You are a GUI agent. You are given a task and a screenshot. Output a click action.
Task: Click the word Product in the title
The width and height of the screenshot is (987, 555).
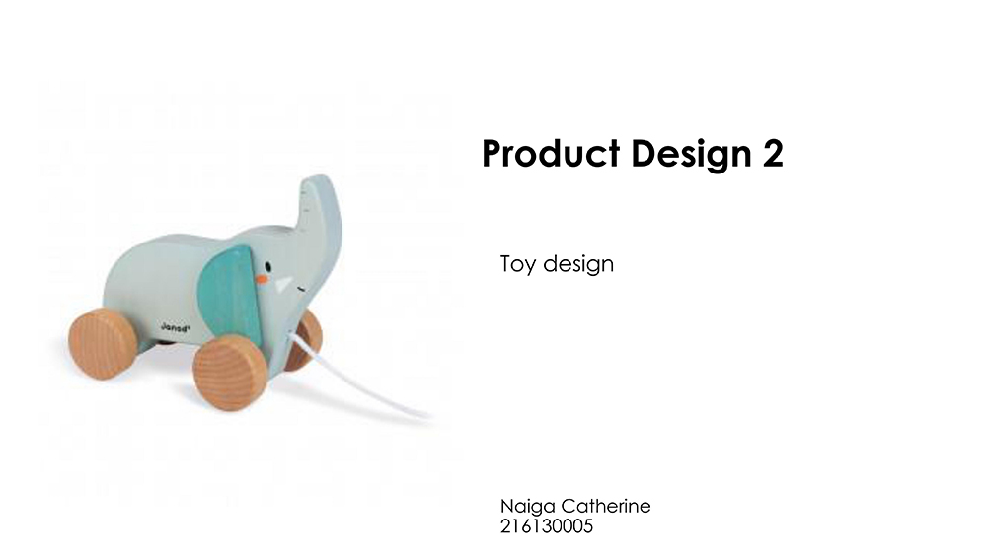(x=551, y=154)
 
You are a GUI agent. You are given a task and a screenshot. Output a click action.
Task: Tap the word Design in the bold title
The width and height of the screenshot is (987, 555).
(x=691, y=155)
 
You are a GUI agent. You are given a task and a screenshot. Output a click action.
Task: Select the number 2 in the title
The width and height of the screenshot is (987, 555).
(x=774, y=154)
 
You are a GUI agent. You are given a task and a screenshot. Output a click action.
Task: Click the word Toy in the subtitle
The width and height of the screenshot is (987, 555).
(x=518, y=264)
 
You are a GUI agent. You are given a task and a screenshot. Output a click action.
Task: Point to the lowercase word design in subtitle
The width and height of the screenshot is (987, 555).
(x=578, y=264)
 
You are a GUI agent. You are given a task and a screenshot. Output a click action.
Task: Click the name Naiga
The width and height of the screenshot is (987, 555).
(x=527, y=507)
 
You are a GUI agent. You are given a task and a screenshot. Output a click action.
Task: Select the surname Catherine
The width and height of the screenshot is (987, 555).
(x=606, y=506)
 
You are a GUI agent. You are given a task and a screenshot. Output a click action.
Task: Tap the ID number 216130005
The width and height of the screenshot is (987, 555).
(x=547, y=526)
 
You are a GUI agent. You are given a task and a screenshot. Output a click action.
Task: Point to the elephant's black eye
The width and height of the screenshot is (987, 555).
(x=268, y=266)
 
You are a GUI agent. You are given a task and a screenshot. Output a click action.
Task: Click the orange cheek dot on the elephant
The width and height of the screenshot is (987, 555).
(x=262, y=279)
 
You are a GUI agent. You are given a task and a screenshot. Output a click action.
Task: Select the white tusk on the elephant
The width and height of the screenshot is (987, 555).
(x=283, y=285)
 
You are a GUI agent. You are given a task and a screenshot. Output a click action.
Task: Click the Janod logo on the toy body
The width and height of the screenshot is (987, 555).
(x=175, y=327)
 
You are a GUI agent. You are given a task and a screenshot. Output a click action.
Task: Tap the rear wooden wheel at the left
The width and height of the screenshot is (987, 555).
(x=102, y=344)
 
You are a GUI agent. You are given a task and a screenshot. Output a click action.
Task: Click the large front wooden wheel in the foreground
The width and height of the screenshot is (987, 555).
(x=230, y=372)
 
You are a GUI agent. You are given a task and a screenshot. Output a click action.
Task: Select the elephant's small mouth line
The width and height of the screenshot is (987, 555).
(x=301, y=290)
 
